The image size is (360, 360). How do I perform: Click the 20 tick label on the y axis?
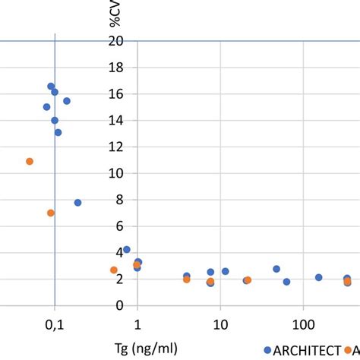115,41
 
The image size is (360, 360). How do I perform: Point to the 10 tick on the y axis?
115,173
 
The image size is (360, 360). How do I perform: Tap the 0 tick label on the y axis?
118,305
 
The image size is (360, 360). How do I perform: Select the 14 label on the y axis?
115,120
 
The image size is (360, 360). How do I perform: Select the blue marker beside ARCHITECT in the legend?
267,349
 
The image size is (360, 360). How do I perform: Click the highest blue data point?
51,87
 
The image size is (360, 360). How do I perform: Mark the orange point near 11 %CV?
30,161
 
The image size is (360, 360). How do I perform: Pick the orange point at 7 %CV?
51,213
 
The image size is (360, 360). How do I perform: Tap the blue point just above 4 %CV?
127,249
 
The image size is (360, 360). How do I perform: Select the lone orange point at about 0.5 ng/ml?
114,270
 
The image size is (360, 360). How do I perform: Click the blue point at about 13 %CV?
58,132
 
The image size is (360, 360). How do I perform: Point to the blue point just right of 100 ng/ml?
319,277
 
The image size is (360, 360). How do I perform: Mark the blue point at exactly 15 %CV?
46,107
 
